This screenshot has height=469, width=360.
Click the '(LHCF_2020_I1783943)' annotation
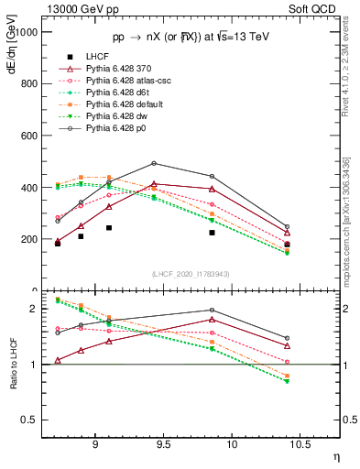pyautogui.click(x=191, y=273)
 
